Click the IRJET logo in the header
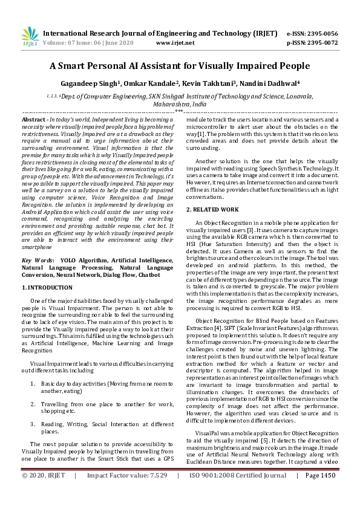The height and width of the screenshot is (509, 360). (29, 36)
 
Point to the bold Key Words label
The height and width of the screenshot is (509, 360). (38, 260)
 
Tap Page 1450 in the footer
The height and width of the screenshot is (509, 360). (320, 493)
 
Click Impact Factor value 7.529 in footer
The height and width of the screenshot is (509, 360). (158, 493)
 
